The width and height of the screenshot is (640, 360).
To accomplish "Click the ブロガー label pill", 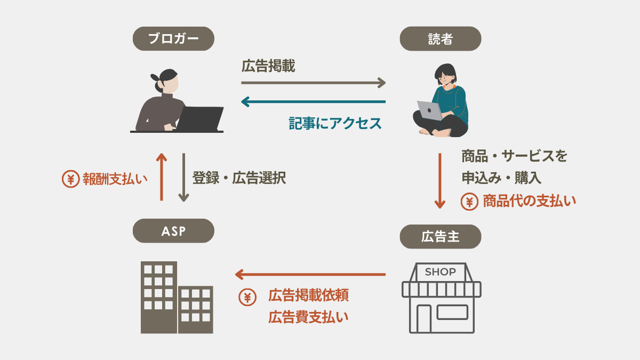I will click(173, 39).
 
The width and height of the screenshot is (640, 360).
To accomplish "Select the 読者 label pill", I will click(440, 39).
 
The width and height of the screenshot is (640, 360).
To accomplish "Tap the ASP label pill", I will click(173, 231).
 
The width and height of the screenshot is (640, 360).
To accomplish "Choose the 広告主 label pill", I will click(440, 237).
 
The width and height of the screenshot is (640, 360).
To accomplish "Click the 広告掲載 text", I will click(268, 67).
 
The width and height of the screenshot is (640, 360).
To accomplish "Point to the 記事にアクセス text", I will click(335, 123).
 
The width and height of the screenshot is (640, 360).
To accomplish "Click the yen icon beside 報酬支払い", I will click(70, 179).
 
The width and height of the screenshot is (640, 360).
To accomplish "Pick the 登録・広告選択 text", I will click(239, 178).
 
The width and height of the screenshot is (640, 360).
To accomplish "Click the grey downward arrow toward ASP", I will click(183, 177).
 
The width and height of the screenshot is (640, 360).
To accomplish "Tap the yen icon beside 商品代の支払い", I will click(469, 202).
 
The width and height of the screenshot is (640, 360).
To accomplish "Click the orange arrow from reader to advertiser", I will click(440, 181).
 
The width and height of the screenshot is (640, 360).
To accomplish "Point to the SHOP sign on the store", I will click(441, 272).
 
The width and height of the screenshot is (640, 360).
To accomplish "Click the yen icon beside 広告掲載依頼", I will click(246, 297).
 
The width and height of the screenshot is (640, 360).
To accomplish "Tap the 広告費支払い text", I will click(308, 317).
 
